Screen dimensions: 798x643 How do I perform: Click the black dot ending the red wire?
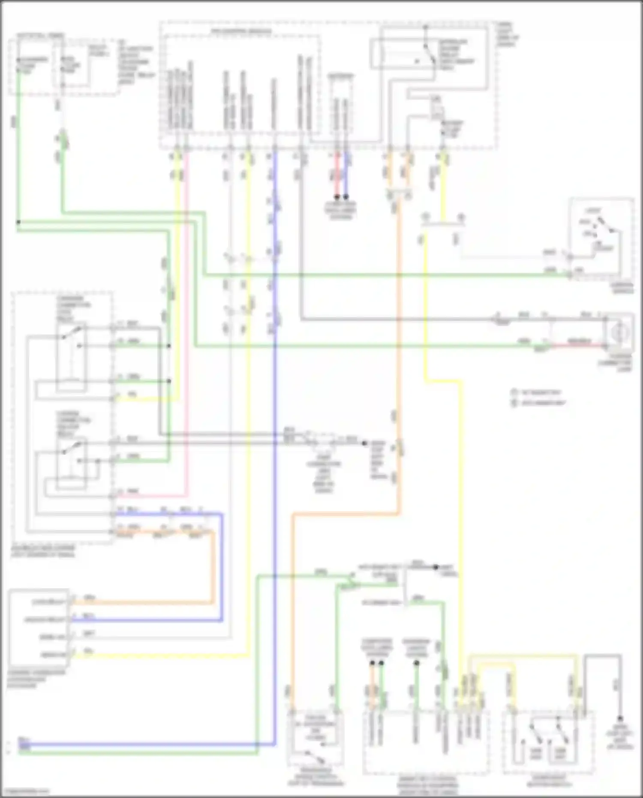pyautogui.click(x=337, y=197)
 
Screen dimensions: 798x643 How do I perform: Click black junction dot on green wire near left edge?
pyautogui.click(x=18, y=222)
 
